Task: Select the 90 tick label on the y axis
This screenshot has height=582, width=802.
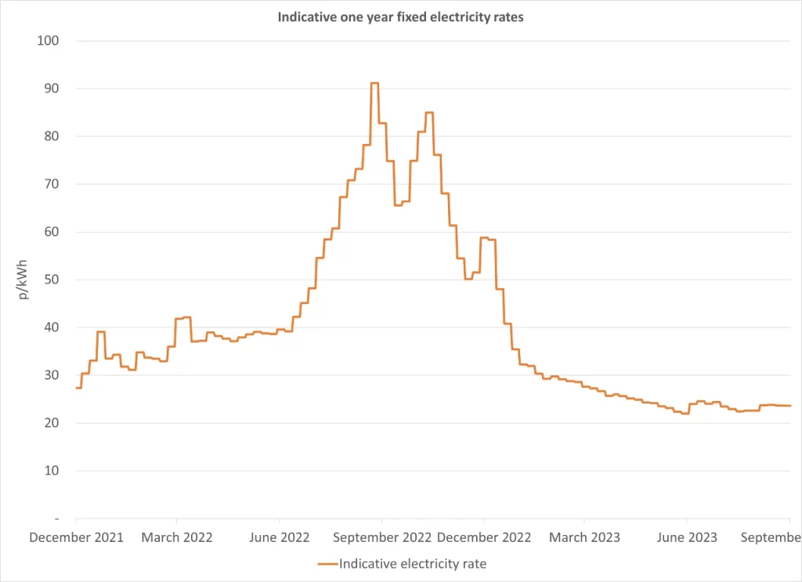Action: [x=51, y=89]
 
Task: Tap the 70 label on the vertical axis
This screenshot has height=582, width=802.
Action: [x=51, y=184]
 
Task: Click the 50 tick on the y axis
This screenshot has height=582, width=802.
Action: [x=51, y=280]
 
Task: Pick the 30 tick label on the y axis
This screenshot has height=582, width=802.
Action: [x=51, y=375]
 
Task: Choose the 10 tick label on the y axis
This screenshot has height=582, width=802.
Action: [x=51, y=471]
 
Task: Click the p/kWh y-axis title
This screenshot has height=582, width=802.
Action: [x=23, y=280]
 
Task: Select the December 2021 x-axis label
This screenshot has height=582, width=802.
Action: [x=77, y=537]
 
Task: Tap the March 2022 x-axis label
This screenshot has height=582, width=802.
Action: [x=177, y=537]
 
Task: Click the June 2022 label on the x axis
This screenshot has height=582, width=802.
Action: [x=279, y=537]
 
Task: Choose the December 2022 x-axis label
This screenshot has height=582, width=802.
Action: [x=484, y=537]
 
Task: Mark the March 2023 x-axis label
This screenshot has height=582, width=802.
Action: [x=584, y=537]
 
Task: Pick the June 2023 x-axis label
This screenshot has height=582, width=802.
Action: [x=686, y=537]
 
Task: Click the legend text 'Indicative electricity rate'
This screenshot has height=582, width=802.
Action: [x=413, y=564]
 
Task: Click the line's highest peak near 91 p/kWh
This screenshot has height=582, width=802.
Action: [x=374, y=83]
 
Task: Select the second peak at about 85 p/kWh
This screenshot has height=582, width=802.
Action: [x=428, y=113]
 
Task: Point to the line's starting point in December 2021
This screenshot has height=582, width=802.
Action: [x=77, y=388]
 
